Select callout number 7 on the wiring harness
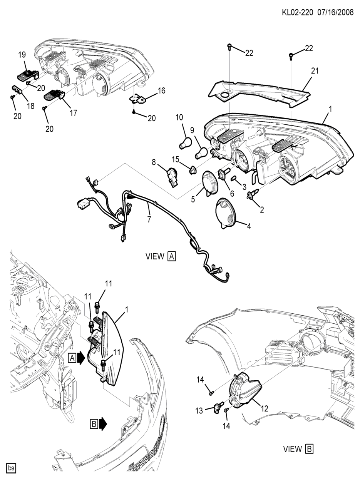[x=149, y=220]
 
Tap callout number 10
[x=180, y=117]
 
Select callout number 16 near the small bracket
[x=162, y=91]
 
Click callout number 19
[x=22, y=55]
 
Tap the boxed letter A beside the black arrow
[x=72, y=358]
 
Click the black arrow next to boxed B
[x=102, y=424]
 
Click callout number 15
[x=176, y=159]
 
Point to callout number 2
[x=262, y=210]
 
